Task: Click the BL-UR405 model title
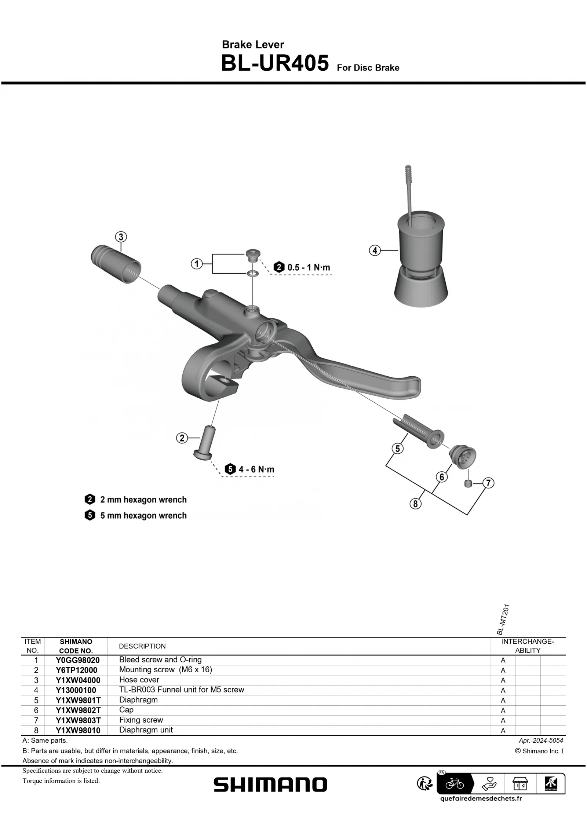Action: tap(274, 63)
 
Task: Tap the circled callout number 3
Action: tap(121, 237)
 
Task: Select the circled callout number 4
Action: tap(375, 251)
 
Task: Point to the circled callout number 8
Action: tap(415, 504)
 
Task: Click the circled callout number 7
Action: tap(488, 483)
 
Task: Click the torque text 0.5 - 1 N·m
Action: tap(309, 267)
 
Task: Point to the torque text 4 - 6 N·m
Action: tap(256, 469)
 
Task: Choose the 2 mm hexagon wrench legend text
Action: tap(143, 500)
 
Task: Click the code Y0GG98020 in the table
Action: tap(77, 660)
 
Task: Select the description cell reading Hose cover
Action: tap(139, 680)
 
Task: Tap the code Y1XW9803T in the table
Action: tap(78, 720)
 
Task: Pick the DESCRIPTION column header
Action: tap(142, 646)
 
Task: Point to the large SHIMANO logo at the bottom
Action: tap(270, 785)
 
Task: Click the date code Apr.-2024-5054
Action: tap(541, 741)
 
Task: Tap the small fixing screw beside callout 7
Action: tap(468, 483)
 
